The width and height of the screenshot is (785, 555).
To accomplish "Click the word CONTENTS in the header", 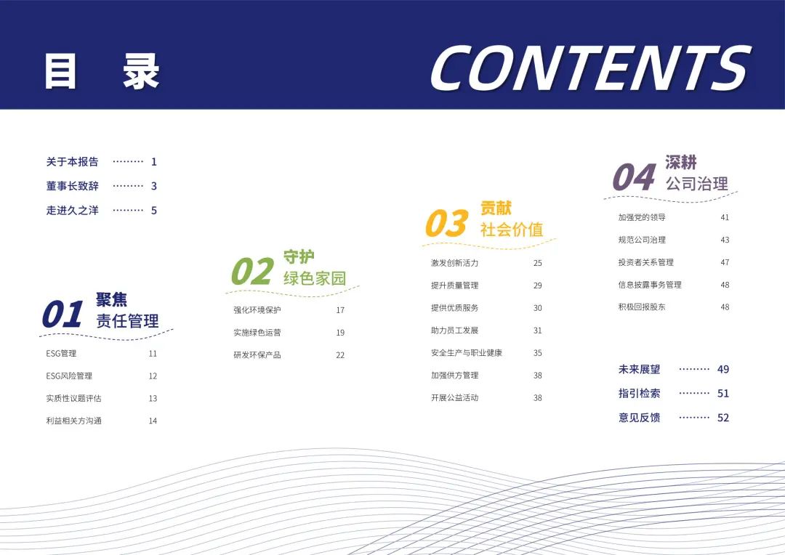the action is [x=591, y=68].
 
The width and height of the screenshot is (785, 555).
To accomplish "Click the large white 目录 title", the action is [x=102, y=72].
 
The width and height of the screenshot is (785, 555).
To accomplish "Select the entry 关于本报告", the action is [x=72, y=162].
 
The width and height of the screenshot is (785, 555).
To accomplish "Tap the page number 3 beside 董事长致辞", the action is [x=153, y=186].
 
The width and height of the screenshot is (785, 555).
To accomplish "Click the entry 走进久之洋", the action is [x=72, y=210].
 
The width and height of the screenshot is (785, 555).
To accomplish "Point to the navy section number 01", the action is [x=63, y=315].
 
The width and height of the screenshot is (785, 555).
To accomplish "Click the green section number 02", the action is [x=252, y=271].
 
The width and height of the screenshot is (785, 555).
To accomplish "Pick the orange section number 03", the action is [x=446, y=223].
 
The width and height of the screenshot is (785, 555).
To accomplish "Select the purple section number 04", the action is [x=634, y=177].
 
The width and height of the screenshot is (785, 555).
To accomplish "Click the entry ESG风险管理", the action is [x=69, y=376].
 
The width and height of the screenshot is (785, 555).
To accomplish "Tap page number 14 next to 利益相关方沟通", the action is [x=153, y=421].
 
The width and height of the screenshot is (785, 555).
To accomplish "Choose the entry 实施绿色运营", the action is [x=257, y=332].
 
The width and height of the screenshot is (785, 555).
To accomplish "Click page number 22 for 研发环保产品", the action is [x=340, y=355].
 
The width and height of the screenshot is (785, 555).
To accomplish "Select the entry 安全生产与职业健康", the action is [x=466, y=353].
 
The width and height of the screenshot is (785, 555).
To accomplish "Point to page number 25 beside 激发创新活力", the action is [x=538, y=263].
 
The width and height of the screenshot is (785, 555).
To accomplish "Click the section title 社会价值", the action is [x=512, y=230].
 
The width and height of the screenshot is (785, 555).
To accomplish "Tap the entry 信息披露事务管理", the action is [x=650, y=285].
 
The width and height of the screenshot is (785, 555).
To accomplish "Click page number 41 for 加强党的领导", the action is [x=725, y=217].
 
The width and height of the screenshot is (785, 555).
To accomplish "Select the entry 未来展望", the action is [x=640, y=369].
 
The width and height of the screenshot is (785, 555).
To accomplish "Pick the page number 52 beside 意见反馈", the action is [x=723, y=418].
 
